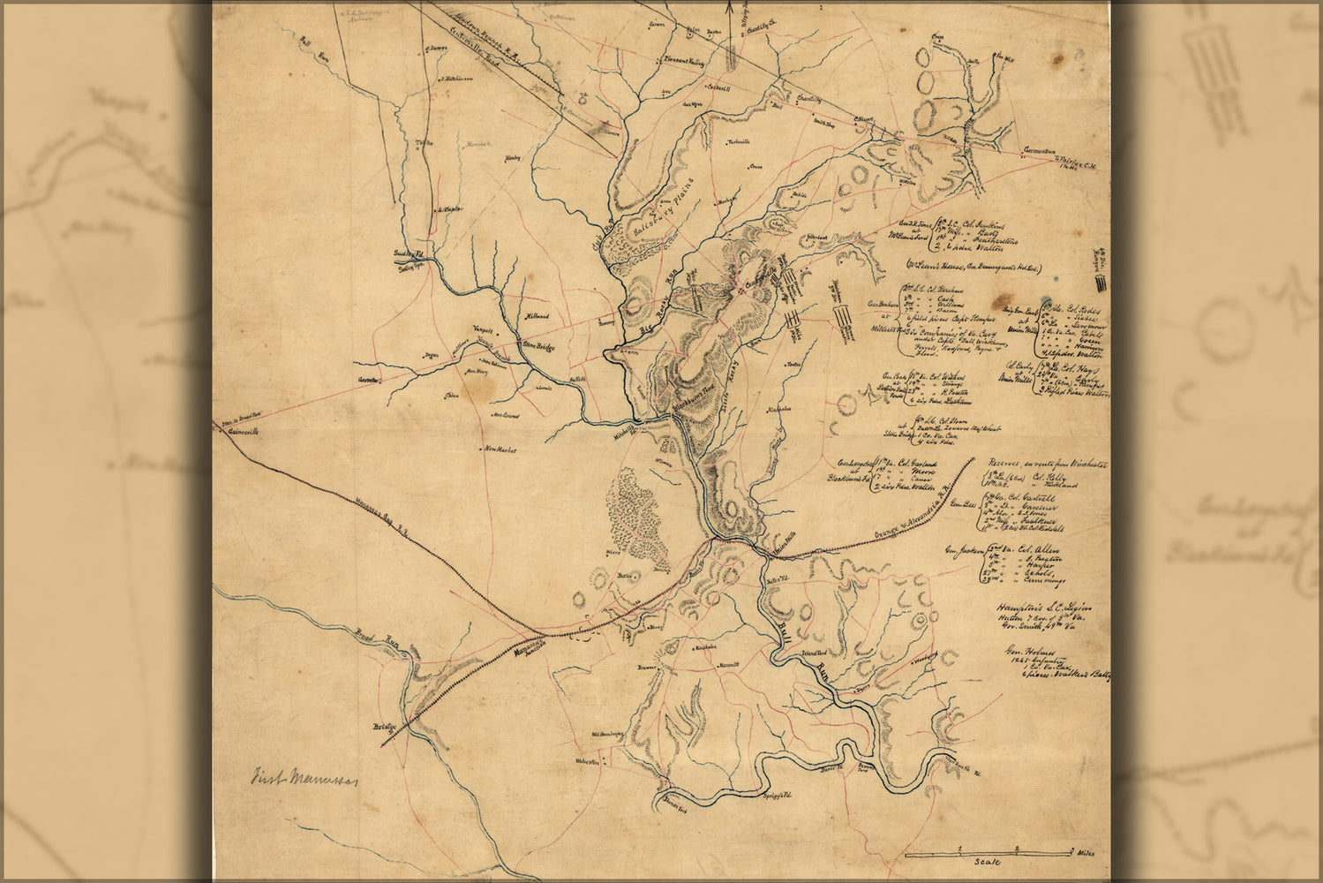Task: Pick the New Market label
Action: click(x=499, y=449)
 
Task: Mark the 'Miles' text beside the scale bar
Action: click(x=1085, y=853)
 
